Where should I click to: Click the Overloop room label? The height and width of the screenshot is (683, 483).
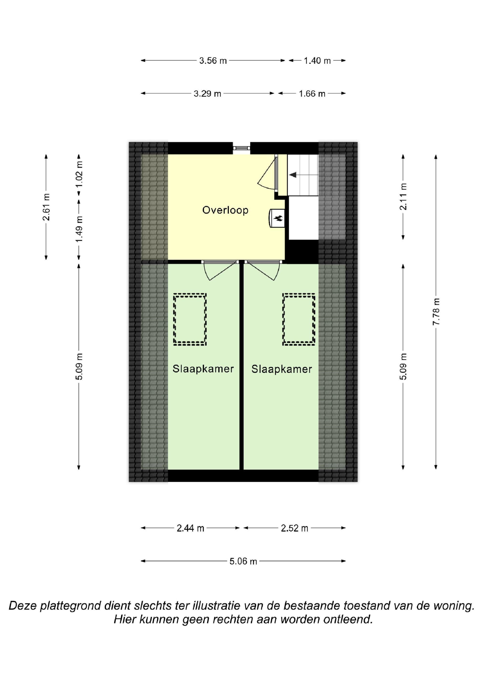click(225, 210)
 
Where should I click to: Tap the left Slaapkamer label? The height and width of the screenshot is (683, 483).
click(203, 369)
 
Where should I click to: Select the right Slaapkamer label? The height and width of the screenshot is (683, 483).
click(282, 369)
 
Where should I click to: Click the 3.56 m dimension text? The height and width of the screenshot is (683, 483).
click(213, 61)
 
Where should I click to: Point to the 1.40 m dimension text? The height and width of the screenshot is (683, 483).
click(317, 61)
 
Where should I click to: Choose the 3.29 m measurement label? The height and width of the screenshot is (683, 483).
click(207, 94)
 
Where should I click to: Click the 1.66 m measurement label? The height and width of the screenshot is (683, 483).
click(312, 94)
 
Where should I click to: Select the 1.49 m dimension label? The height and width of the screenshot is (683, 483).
click(79, 229)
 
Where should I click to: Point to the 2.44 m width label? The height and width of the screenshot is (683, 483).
click(191, 528)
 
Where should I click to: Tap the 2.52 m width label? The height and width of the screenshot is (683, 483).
click(295, 528)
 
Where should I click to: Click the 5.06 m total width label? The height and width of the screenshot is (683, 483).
click(243, 561)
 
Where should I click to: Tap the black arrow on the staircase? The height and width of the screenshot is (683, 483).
click(293, 175)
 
